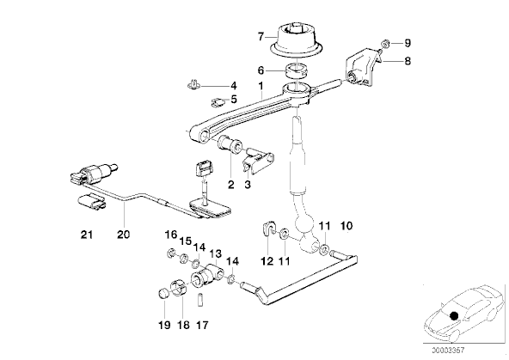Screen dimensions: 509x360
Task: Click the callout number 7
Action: (261, 37)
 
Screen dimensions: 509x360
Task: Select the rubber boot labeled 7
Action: (297, 41)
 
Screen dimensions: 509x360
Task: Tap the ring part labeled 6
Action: (296, 71)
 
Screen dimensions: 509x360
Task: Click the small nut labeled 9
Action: (385, 43)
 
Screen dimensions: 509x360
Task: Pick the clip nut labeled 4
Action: (193, 85)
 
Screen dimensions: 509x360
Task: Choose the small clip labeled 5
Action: (218, 102)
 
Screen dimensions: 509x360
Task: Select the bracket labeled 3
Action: (258, 162)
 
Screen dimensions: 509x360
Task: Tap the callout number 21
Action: (87, 235)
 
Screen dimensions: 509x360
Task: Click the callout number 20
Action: (123, 235)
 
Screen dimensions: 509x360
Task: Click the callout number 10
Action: (346, 225)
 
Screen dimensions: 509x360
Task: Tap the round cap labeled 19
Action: (163, 294)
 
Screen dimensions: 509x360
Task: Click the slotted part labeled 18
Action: (179, 287)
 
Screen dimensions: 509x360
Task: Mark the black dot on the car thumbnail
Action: (454, 315)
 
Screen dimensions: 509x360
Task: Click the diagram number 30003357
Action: (448, 351)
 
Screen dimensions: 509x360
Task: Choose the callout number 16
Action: (171, 235)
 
